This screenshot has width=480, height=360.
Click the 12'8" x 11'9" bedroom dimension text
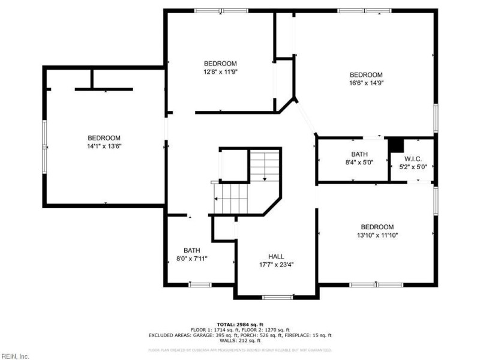click(x=220, y=72)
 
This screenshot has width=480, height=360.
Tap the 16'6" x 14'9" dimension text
click(x=366, y=83)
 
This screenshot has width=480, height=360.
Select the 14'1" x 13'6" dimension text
click(x=104, y=146)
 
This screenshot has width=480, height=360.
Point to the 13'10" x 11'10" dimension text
click(x=377, y=235)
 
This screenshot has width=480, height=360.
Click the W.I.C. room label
click(x=413, y=159)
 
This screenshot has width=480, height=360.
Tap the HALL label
click(x=276, y=256)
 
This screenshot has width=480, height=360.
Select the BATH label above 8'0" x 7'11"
click(x=192, y=250)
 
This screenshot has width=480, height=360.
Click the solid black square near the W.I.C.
click(x=395, y=146)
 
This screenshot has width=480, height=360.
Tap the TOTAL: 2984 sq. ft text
click(x=239, y=324)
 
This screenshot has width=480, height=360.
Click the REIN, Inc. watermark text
click(x=15, y=356)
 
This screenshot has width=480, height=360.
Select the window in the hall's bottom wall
click(x=277, y=296)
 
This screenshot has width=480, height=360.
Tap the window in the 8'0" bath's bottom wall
click(x=199, y=284)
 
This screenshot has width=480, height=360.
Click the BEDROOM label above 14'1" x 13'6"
click(x=104, y=137)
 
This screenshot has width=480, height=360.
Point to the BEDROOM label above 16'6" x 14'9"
click(x=366, y=75)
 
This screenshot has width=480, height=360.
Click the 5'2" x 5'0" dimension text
click(x=413, y=167)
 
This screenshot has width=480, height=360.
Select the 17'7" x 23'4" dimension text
click(x=276, y=265)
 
